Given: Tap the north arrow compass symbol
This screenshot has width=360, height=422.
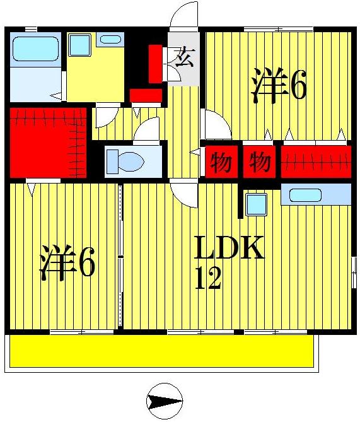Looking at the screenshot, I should click(165, 401).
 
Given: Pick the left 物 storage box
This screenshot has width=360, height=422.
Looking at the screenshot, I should click(221, 163).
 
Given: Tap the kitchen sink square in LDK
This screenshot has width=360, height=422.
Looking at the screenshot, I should click(256, 204).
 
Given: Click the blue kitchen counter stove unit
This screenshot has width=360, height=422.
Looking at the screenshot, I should click(315, 194).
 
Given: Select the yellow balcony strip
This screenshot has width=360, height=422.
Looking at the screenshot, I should click(161, 351).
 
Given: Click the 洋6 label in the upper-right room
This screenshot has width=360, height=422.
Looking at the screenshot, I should click(279, 86).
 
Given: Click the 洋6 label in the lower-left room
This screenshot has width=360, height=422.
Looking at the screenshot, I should click(68, 263).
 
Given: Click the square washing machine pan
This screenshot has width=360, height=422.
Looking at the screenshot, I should click(80, 45).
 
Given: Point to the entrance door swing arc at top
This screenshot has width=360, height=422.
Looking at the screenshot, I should click(185, 16).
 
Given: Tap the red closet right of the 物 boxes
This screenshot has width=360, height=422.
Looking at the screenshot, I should click(315, 163).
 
